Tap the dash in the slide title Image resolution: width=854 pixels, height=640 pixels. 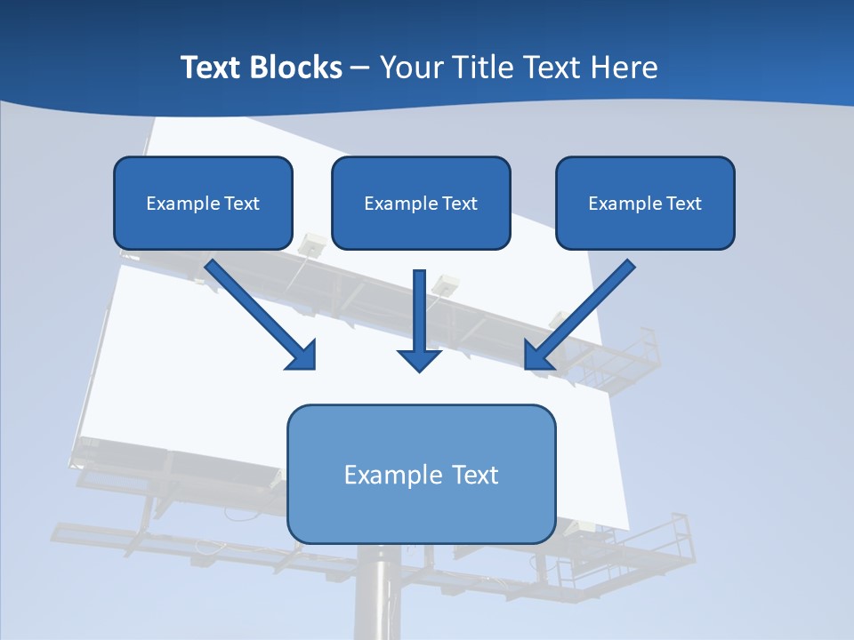[x=360, y=68]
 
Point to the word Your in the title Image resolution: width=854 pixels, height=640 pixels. [x=412, y=68]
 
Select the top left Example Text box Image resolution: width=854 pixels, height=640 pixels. [x=203, y=203]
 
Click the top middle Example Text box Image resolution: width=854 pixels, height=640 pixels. [x=421, y=203]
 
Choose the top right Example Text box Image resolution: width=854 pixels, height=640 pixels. [x=645, y=203]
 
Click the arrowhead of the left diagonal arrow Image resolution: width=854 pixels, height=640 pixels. [x=302, y=356]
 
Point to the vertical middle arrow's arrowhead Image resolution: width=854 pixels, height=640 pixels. [x=419, y=359]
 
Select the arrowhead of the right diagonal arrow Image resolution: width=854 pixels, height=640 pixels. [x=537, y=356]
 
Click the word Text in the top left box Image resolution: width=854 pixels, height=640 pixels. [x=241, y=204]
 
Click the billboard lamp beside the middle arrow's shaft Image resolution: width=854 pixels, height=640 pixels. [x=445, y=284]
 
